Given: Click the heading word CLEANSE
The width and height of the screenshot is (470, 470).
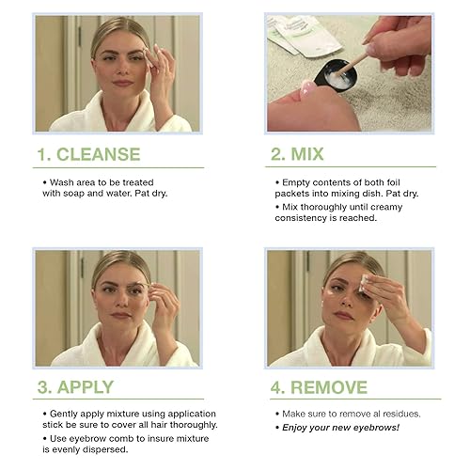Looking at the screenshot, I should pyautogui.click(x=97, y=153).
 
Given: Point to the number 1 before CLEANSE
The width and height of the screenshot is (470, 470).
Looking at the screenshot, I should pyautogui.click(x=40, y=153).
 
